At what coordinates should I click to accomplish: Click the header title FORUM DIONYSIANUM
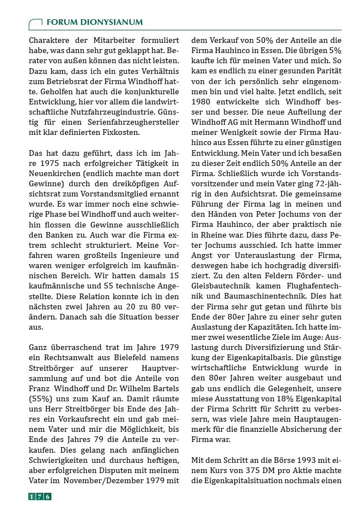(x=94, y=22)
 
